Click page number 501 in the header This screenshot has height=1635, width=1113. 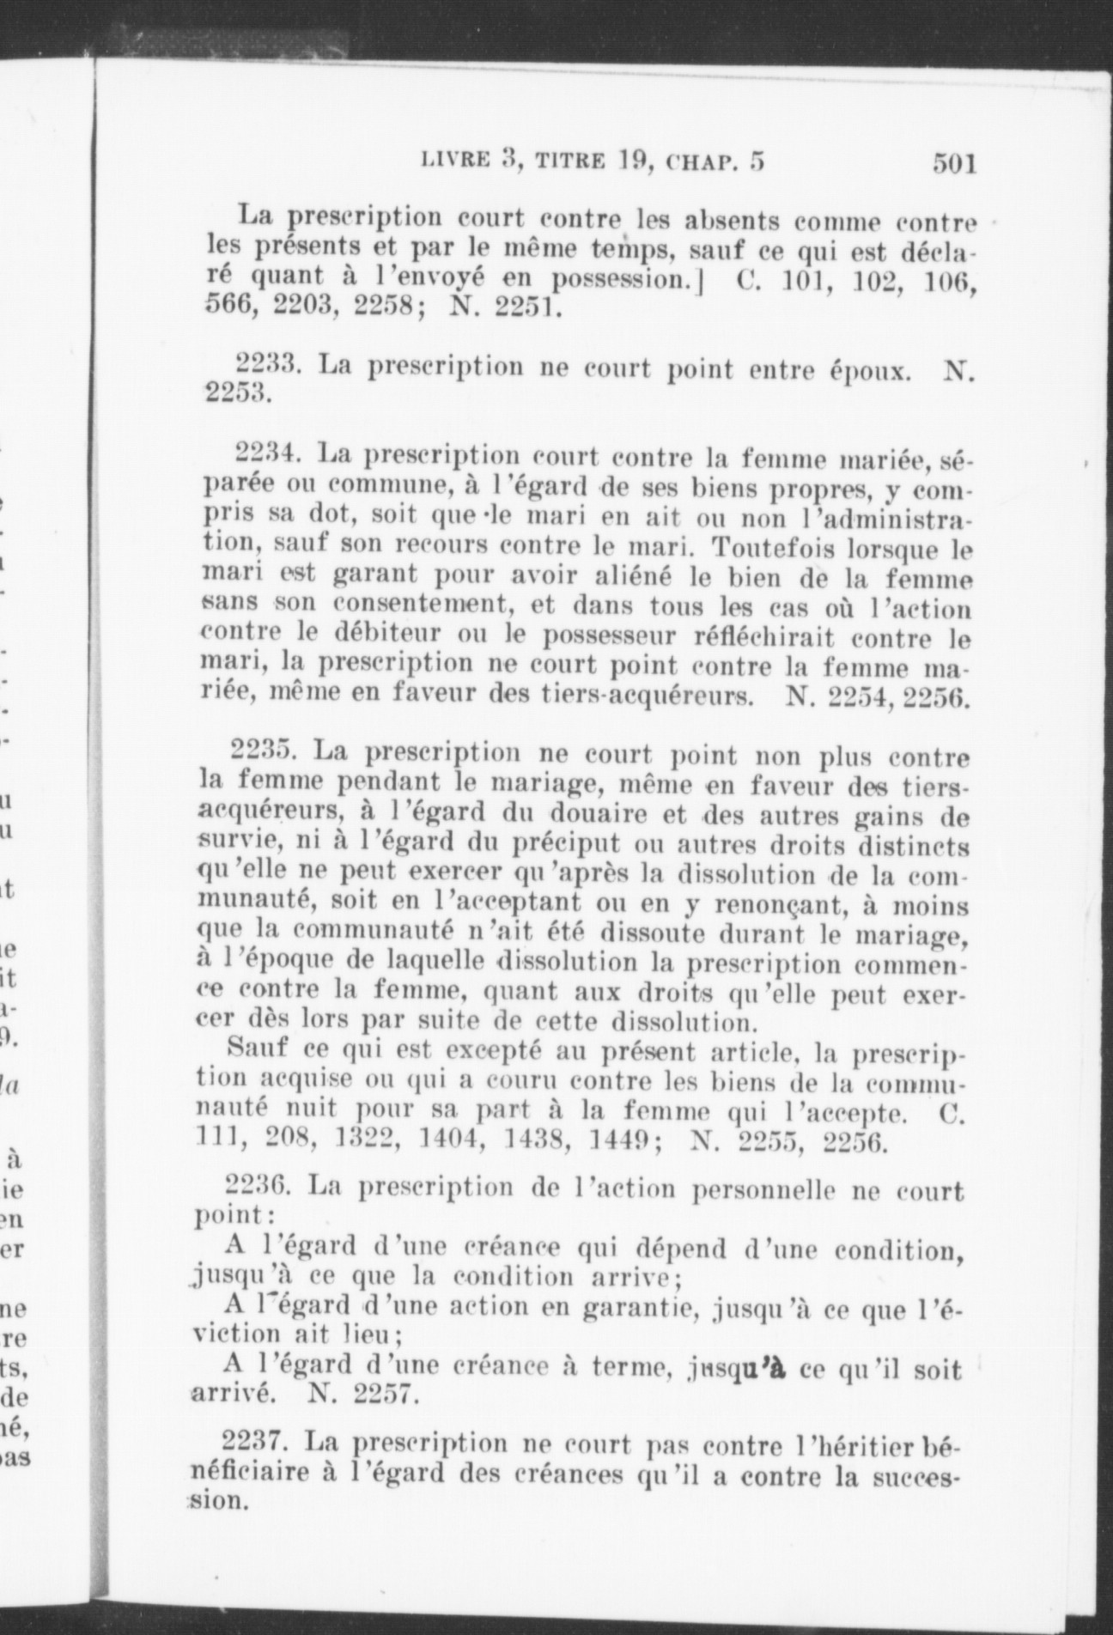(x=954, y=163)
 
